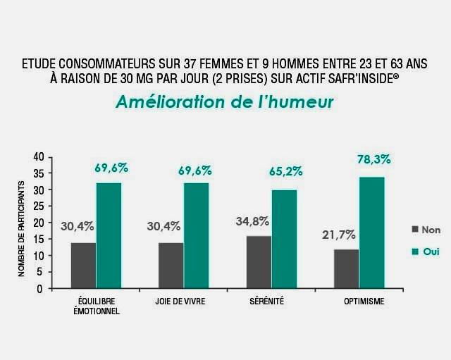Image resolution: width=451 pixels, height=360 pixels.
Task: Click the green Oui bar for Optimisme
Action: click(372, 232)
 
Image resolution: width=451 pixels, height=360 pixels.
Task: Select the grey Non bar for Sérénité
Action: click(259, 262)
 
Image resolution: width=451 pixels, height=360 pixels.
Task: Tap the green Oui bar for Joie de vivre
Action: click(197, 235)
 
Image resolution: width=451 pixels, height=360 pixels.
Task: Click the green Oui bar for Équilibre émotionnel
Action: click(109, 235)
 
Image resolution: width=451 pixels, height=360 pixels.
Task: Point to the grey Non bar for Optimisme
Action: click(346, 268)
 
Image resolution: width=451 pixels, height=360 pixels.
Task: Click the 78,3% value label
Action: click(373, 159)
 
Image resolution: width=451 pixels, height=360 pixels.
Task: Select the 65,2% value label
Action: click(285, 171)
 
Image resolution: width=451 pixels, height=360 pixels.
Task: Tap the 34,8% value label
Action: click(252, 221)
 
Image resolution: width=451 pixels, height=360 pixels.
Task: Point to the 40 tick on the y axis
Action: click(38, 156)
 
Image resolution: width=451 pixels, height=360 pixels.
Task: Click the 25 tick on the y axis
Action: click(38, 206)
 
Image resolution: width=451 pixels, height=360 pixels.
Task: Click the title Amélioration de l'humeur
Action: click(225, 102)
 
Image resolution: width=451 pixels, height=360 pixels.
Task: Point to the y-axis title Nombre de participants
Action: click(22, 227)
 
